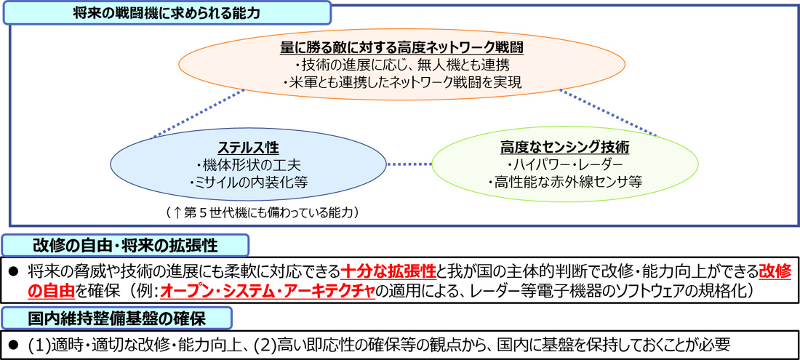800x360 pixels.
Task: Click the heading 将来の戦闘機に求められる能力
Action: click(x=167, y=12)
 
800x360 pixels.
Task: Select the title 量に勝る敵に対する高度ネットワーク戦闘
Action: click(x=403, y=48)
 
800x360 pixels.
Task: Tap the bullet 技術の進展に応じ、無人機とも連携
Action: click(x=403, y=65)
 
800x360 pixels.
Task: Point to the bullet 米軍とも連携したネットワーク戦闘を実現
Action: click(x=403, y=83)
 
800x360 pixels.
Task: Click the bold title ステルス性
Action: click(x=249, y=148)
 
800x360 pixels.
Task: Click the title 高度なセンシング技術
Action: click(x=565, y=148)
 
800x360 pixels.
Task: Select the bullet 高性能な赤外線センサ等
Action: click(x=565, y=182)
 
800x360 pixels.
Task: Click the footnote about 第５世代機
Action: click(x=263, y=212)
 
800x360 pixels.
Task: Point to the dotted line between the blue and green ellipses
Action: click(x=409, y=164)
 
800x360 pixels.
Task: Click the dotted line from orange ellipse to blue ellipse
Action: click(x=199, y=113)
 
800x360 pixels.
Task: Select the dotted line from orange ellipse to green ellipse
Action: click(x=609, y=113)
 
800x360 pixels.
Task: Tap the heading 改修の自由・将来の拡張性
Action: click(x=126, y=246)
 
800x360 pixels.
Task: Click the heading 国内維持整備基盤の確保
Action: click(x=117, y=319)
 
